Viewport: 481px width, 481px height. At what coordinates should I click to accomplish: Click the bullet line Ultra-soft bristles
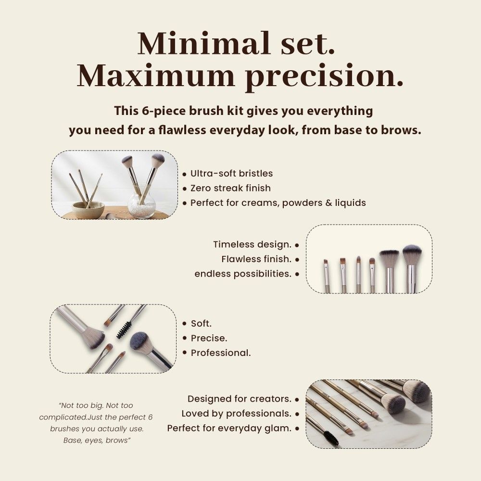coord(231,173)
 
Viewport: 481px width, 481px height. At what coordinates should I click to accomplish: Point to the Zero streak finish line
coord(230,188)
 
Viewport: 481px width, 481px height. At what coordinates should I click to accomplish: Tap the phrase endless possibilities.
coord(243,274)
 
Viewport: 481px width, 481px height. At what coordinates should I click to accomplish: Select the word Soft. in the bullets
coord(201,323)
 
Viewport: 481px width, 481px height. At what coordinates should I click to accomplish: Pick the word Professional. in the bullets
coord(221,353)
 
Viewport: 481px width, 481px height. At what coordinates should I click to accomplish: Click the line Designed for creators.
coord(240,399)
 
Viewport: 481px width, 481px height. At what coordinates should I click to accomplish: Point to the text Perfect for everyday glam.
coord(229,428)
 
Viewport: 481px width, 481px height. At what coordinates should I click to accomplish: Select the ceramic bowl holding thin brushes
coord(88,209)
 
